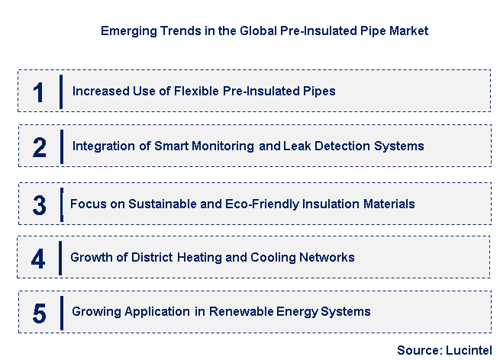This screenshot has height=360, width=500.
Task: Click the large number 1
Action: [39, 92]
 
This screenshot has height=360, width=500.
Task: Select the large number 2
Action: [40, 146]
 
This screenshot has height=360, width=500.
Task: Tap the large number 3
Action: [40, 204]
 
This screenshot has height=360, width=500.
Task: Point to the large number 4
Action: [39, 258]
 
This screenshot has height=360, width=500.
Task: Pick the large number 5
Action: [40, 312]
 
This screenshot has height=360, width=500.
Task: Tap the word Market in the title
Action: [408, 31]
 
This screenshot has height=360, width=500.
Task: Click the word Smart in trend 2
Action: [189, 146]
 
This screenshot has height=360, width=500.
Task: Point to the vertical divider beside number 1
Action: [61, 92]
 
